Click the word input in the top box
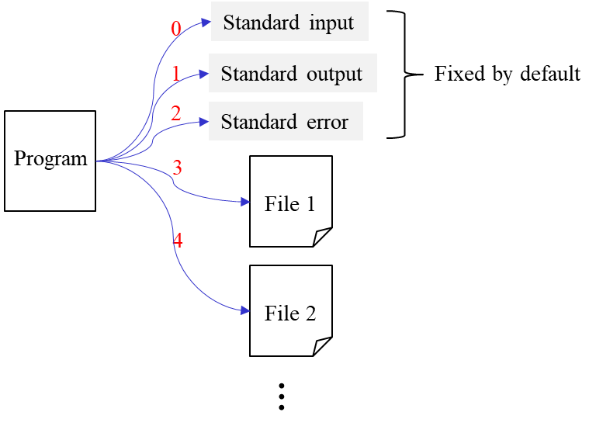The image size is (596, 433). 331,23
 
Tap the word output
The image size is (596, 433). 334,74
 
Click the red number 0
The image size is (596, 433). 176,29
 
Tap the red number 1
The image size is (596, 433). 175,74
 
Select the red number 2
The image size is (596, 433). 175,113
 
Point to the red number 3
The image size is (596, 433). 177,168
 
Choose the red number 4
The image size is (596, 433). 178,241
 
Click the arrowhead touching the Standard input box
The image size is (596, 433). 206,23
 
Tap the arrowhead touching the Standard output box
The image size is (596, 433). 204,74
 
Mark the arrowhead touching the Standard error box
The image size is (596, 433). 204,122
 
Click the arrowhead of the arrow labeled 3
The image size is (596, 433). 244,202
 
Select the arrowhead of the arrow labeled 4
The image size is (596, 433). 244,310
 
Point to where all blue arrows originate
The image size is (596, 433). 99,161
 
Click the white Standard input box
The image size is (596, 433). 289,22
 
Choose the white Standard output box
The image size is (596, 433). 293,73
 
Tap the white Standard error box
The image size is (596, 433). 286,121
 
